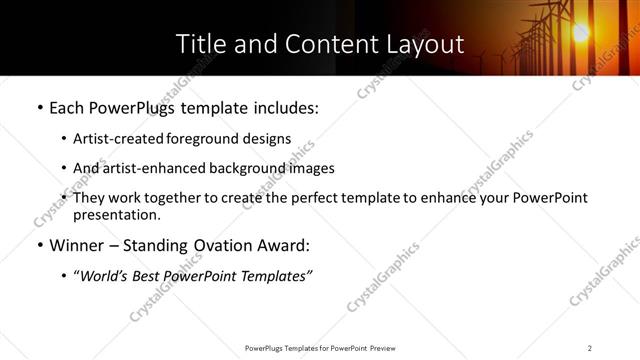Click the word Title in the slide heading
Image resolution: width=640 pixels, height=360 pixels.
pos(201,45)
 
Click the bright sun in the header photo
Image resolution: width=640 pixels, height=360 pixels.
pos(579,33)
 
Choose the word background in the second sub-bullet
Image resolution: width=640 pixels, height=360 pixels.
pos(246,168)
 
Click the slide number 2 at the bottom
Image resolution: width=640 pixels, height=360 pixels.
pos(590,348)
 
